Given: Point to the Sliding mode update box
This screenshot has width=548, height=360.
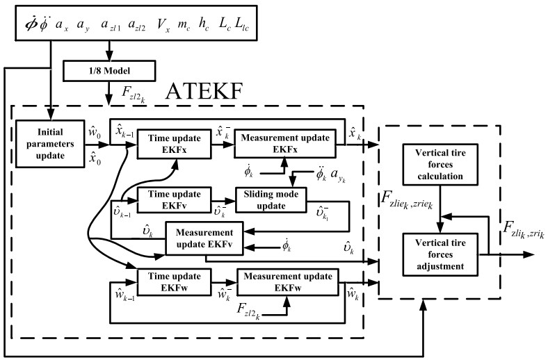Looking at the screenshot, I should pos(274,199).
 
